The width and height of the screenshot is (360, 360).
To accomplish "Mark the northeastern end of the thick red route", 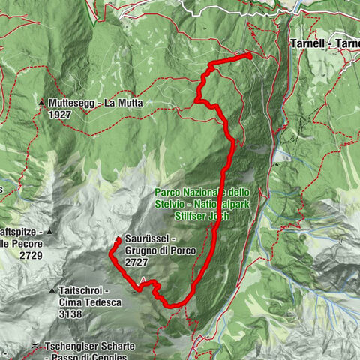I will [x=249, y=55].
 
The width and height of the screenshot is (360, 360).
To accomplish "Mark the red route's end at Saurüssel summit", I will [x=118, y=240].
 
